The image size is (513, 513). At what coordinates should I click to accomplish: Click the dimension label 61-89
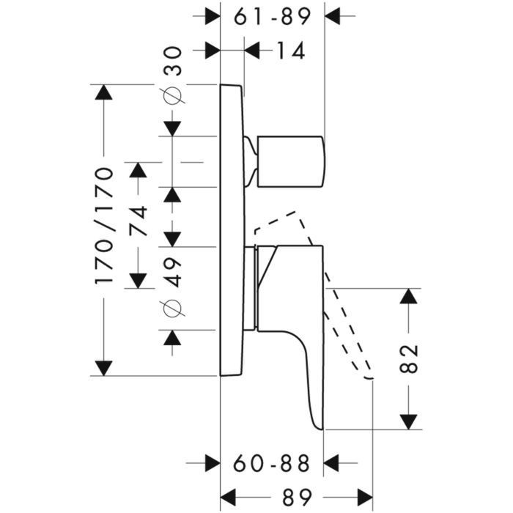coord(273,15)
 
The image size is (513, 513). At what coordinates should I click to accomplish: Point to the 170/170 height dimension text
coord(106,226)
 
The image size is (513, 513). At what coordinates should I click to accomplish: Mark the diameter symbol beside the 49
coord(172,309)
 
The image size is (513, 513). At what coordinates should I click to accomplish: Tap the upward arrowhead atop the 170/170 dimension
coord(105,94)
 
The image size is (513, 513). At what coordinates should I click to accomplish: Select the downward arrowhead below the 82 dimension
coord(409,421)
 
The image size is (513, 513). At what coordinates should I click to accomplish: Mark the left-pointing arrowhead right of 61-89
coord(333,15)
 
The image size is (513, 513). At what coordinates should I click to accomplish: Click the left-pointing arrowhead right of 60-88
coord(333,463)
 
